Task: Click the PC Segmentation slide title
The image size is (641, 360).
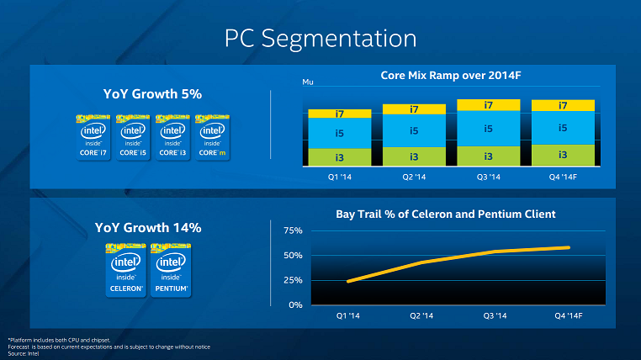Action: pyautogui.click(x=320, y=38)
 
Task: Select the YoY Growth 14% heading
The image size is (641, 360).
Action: pyautogui.click(x=147, y=228)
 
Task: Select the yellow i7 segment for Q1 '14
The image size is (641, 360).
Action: pyautogui.click(x=339, y=114)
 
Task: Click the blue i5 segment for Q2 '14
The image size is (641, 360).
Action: pyautogui.click(x=414, y=130)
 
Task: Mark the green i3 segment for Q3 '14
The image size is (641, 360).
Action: pyautogui.click(x=488, y=156)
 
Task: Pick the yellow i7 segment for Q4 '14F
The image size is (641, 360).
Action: pyautogui.click(x=563, y=105)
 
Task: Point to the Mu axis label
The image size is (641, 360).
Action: pyautogui.click(x=307, y=82)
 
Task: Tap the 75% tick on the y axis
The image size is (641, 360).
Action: pyautogui.click(x=292, y=230)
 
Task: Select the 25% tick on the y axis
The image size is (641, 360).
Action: pyautogui.click(x=292, y=280)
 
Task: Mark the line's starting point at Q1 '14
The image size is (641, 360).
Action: pyautogui.click(x=347, y=281)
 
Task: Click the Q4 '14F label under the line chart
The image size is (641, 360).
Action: pyautogui.click(x=569, y=316)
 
